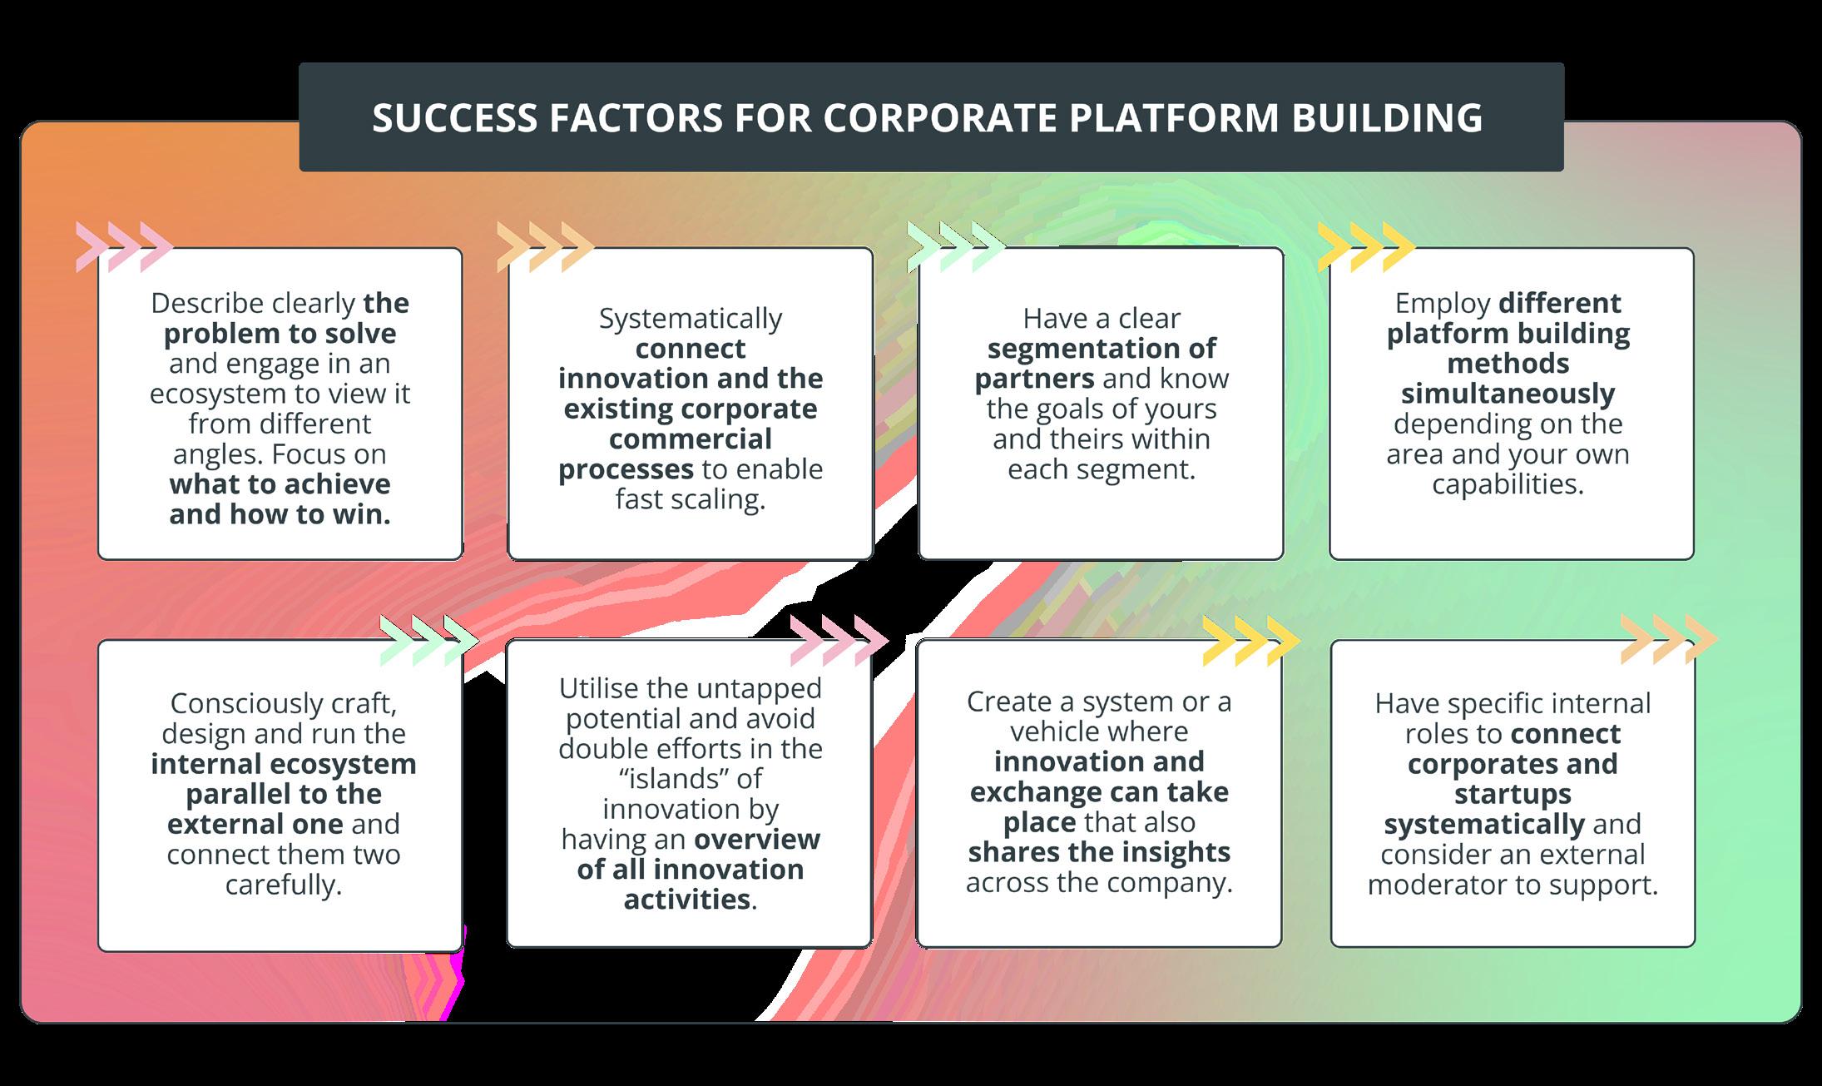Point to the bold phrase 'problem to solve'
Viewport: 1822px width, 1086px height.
click(x=280, y=334)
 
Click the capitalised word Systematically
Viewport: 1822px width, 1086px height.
click(x=691, y=319)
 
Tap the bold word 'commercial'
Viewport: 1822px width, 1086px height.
click(x=691, y=439)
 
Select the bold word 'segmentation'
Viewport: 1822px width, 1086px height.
click(x=1102, y=349)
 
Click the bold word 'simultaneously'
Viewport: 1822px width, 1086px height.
click(x=1508, y=394)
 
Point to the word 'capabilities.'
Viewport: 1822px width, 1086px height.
click(x=1508, y=484)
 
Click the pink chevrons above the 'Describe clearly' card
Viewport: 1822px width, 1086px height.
click(x=123, y=247)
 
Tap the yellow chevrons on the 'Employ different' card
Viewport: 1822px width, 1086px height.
click(x=1366, y=247)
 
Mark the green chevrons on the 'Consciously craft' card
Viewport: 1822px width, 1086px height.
click(x=428, y=641)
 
